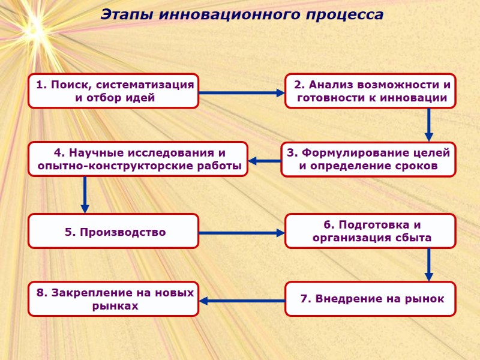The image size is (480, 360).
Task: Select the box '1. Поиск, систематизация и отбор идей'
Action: point(113,91)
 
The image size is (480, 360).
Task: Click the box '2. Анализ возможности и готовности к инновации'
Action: point(370,91)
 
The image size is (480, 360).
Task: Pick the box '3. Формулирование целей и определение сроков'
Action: point(368,159)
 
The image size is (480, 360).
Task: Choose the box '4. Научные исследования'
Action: point(139,159)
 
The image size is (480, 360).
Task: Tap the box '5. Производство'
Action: point(113,232)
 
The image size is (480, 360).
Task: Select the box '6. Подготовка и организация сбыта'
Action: point(370,232)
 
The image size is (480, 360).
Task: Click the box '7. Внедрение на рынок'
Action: point(370,299)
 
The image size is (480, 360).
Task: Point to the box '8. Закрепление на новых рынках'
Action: point(113,299)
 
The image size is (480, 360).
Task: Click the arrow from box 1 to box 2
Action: point(241,93)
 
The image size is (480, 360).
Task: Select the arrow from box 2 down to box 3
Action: point(429,125)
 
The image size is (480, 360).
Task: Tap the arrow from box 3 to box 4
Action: point(265,161)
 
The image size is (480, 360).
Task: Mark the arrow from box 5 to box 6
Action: point(241,233)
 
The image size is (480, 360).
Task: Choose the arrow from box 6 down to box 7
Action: point(429,265)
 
